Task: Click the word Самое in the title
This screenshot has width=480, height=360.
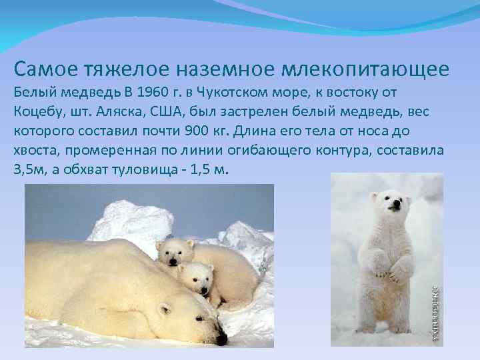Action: [x=43, y=68]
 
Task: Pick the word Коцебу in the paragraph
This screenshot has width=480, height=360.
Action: [x=35, y=111]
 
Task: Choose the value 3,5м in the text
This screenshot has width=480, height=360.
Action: [x=28, y=169]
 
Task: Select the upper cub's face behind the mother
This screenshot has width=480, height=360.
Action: [x=175, y=253]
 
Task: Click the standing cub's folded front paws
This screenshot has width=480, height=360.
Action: [x=391, y=270]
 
